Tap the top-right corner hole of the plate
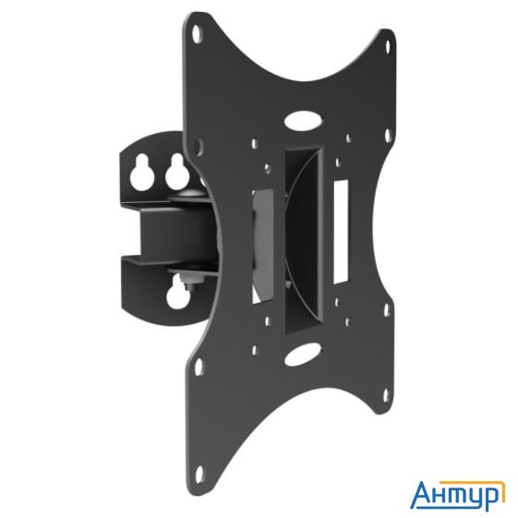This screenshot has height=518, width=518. click(388, 44)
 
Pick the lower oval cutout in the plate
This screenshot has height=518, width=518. click(298, 354)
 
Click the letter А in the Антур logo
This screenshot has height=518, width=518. click(420, 494)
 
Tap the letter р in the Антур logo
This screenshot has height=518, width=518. click(491, 497)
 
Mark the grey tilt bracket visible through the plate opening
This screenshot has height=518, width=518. click(261, 245)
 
